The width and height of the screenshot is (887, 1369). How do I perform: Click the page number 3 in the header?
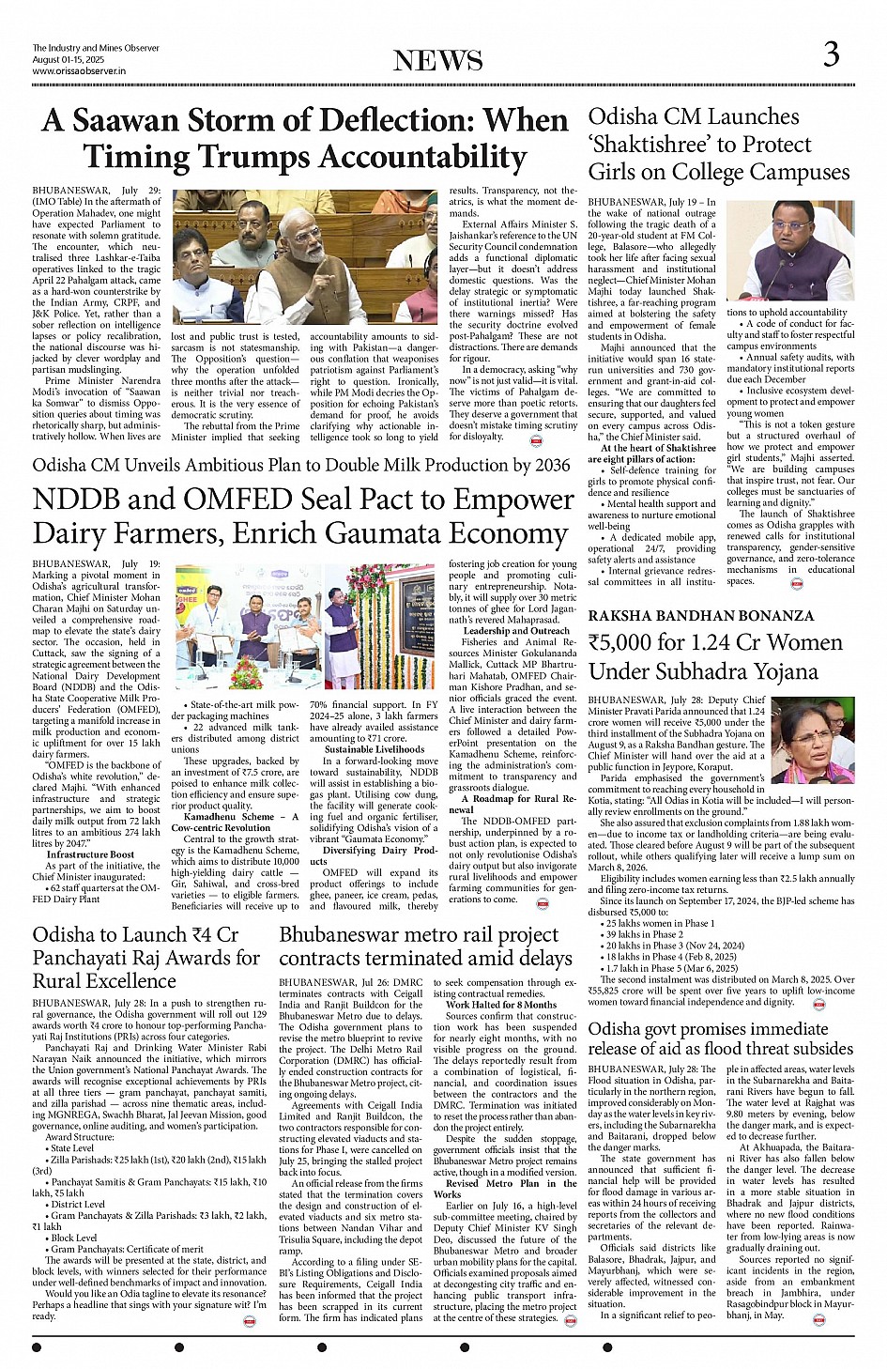[x=831, y=54]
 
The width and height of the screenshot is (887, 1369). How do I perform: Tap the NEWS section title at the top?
[x=438, y=61]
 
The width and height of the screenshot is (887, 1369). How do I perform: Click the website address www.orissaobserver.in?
[x=79, y=70]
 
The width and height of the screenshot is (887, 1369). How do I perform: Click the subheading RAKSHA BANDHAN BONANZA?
[x=701, y=616]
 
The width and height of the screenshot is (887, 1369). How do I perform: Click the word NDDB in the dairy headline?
[x=80, y=500]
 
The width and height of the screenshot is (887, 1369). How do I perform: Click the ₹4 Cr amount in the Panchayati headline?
[x=215, y=935]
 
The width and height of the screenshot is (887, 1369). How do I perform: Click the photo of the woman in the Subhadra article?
[x=813, y=740]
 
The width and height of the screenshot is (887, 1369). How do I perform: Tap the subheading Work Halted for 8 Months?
[x=501, y=1005]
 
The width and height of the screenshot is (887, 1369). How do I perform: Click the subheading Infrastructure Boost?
[x=90, y=854]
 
